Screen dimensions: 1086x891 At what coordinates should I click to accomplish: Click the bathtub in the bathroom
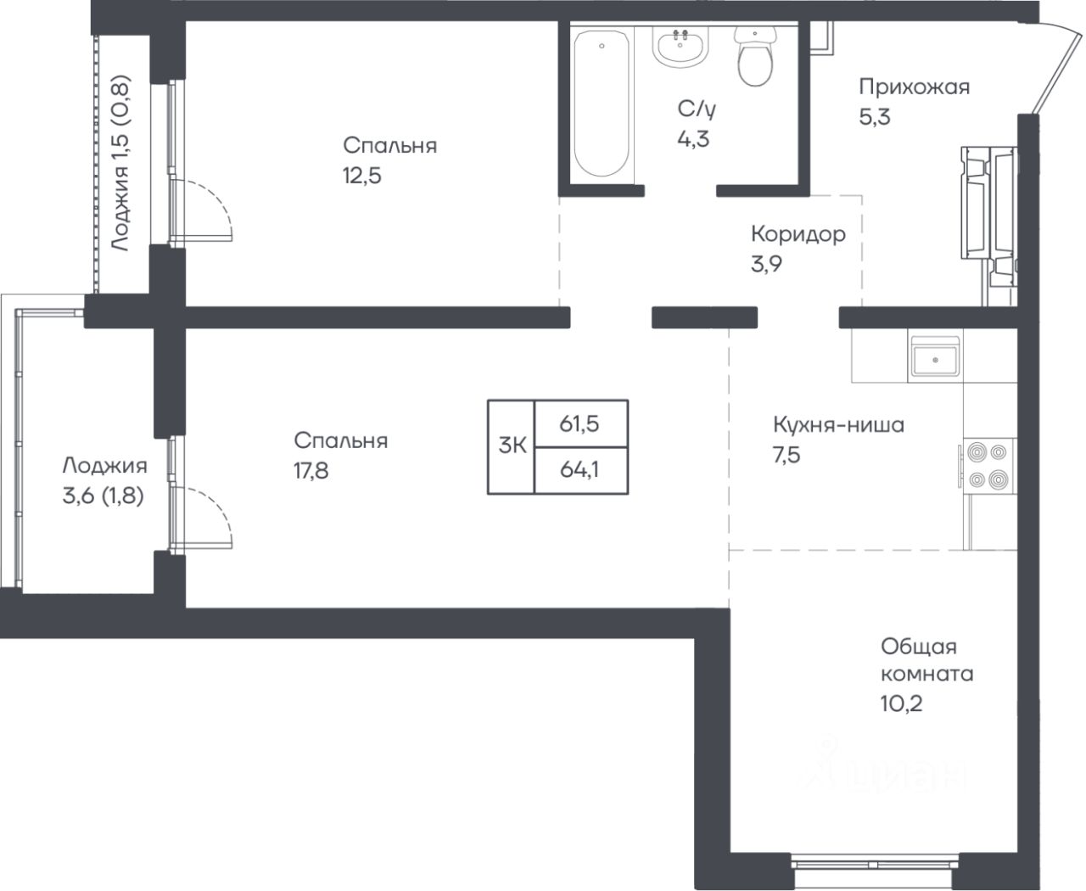601,104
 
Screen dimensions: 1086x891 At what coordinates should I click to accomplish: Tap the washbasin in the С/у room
680,47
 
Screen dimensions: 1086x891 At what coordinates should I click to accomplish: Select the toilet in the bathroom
755,56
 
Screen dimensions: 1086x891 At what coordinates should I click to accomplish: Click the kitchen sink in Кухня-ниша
935,356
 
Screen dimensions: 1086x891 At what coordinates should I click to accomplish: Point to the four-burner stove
987,466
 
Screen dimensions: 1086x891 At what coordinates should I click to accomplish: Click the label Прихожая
914,87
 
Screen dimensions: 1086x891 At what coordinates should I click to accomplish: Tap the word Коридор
798,234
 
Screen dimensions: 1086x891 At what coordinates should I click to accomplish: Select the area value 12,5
362,176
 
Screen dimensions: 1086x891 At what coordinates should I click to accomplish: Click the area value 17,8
311,471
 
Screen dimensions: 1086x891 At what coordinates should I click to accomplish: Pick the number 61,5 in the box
579,424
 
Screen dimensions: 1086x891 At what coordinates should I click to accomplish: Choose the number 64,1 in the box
579,470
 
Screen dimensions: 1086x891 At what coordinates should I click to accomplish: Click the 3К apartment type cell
512,446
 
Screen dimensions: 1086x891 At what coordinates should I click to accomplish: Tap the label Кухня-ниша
838,425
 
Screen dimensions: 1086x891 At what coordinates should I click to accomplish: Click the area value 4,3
693,139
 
